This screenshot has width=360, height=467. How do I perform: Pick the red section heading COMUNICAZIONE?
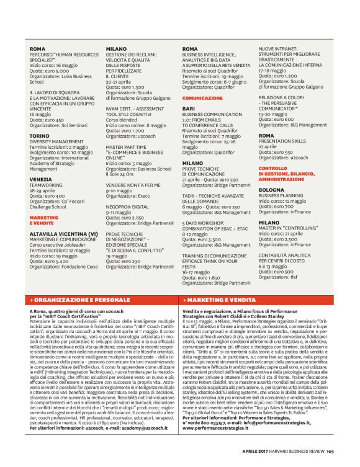(202, 98)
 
